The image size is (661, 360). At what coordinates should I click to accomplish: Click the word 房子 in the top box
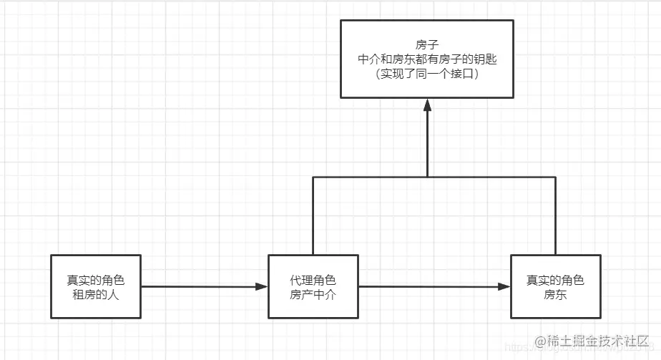point(427,45)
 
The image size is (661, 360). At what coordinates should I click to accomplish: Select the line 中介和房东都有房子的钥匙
point(427,59)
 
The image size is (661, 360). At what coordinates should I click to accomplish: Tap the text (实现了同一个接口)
point(427,74)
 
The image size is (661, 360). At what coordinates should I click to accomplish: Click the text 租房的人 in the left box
point(97,293)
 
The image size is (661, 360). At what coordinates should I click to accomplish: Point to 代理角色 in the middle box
point(313,280)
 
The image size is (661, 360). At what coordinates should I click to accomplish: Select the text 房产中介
point(313,293)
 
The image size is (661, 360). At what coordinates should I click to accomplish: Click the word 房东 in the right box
point(555,293)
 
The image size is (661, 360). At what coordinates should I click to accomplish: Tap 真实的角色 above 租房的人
point(97,280)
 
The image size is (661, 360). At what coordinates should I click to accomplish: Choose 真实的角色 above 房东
point(555,280)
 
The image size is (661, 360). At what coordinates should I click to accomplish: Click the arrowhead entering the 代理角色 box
point(261,287)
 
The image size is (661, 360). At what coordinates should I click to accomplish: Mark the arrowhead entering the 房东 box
point(504,287)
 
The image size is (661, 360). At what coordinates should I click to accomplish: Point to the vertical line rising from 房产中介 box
point(313,215)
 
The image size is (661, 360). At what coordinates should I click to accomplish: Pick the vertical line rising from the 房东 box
point(555,215)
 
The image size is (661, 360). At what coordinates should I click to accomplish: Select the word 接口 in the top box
point(462,74)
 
